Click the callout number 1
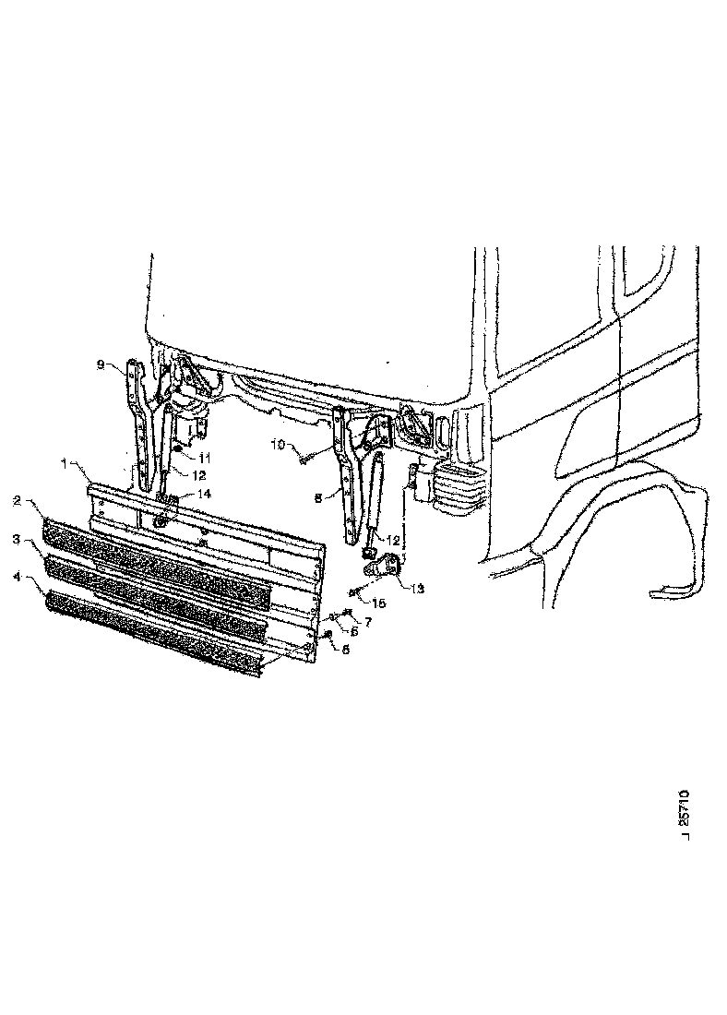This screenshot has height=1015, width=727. (64, 463)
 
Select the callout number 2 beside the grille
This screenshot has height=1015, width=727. (18, 501)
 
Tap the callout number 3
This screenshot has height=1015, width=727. (18, 537)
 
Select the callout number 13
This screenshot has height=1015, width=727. (418, 587)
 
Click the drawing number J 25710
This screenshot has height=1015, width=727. (684, 812)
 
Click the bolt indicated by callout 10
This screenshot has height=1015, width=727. (305, 455)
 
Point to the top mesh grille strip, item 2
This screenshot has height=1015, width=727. (157, 555)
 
